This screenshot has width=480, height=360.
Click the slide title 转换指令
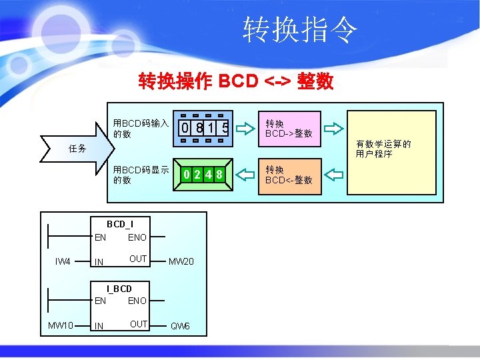point(300,30)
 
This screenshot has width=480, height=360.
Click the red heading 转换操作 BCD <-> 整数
point(236,81)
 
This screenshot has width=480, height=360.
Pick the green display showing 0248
point(203,175)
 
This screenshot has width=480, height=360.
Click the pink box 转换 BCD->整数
point(289,128)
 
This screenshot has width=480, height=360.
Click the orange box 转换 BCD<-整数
point(289,175)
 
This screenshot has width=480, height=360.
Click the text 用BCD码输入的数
point(141,128)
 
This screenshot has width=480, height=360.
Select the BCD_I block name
point(120,224)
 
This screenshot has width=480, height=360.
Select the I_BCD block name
point(120,289)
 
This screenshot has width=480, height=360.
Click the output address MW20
point(181,261)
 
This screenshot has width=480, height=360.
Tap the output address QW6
point(181,326)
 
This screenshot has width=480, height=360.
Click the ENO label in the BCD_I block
point(137,237)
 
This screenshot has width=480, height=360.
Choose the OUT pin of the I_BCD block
point(139,325)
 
